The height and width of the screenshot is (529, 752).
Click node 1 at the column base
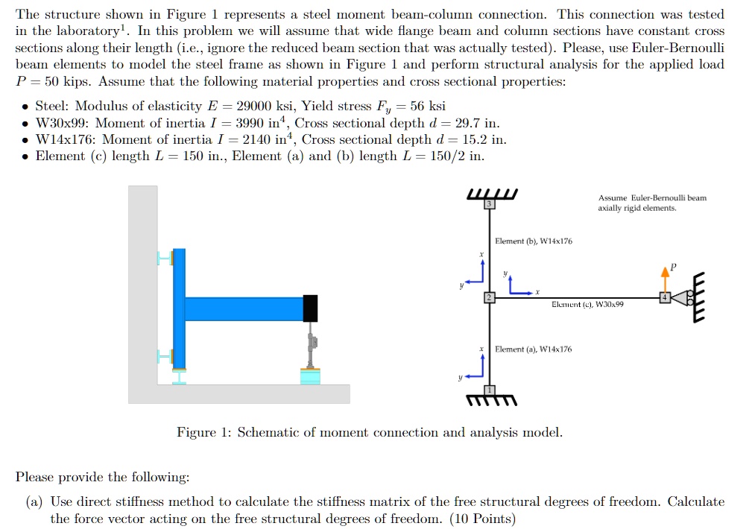pyautogui.click(x=490, y=390)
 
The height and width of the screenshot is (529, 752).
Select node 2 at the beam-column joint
pyautogui.click(x=490, y=298)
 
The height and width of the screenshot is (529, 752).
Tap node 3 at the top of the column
pyautogui.click(x=490, y=204)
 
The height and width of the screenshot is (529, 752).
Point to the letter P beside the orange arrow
pyautogui.click(x=674, y=266)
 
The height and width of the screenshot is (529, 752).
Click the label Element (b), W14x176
pyautogui.click(x=534, y=241)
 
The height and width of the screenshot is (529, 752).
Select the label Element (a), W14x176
pyautogui.click(x=534, y=349)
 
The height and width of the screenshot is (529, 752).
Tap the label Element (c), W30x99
pyautogui.click(x=587, y=304)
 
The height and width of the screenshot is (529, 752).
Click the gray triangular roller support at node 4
pyautogui.click(x=680, y=298)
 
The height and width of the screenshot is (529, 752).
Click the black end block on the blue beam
pyautogui.click(x=310, y=308)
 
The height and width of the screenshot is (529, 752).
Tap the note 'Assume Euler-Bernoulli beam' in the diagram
pyautogui.click(x=652, y=198)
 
